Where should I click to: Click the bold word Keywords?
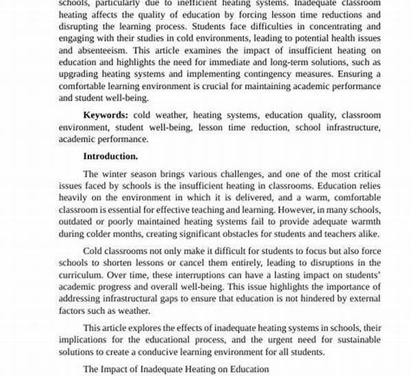pos(106,115)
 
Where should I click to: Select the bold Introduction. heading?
pos(110,156)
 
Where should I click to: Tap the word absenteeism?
pos(104,50)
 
